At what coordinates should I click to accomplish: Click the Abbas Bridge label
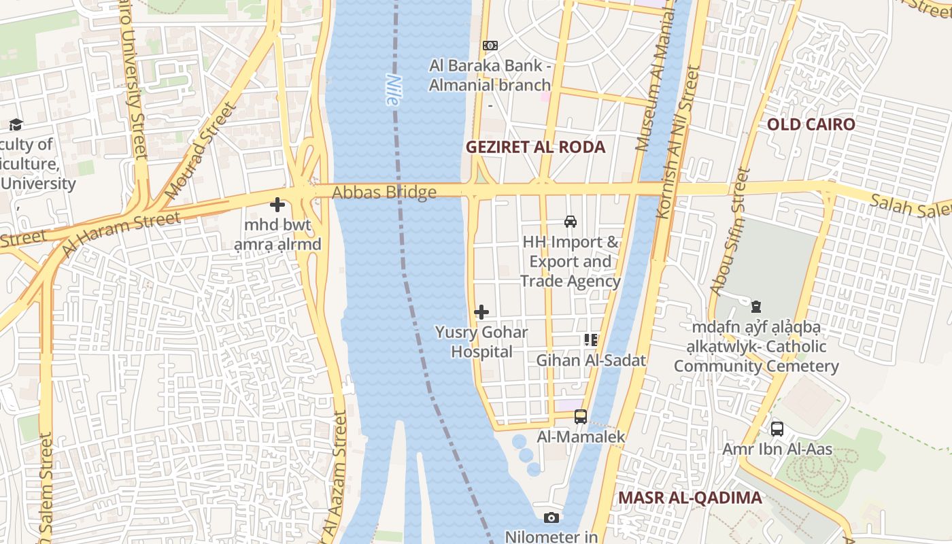384,192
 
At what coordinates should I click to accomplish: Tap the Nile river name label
392,89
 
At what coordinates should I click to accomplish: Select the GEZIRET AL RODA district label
535,147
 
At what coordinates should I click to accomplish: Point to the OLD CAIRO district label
811,124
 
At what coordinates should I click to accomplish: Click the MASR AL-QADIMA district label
690,497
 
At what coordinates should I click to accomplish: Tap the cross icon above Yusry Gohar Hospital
481,312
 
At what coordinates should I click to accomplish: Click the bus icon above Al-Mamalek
581,416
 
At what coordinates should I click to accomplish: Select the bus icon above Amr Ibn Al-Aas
777,429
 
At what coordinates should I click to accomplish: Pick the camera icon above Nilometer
551,517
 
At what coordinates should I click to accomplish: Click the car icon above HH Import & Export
571,221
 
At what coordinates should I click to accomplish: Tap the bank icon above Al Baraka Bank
490,46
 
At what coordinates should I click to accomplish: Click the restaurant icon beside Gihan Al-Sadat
591,340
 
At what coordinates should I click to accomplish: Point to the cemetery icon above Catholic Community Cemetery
756,307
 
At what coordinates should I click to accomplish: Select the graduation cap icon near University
16,124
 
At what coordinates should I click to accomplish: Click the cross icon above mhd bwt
277,204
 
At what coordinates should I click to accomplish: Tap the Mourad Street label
203,151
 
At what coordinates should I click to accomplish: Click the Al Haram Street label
121,233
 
